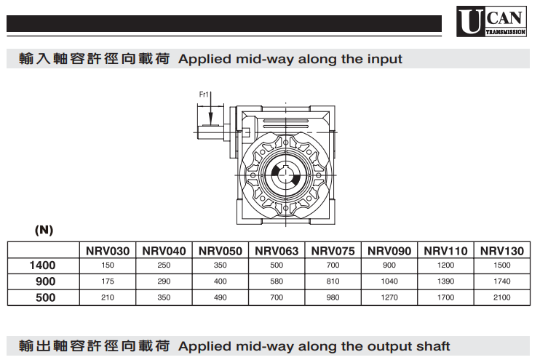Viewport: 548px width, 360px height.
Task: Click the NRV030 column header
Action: [108, 251]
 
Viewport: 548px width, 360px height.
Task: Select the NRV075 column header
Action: [333, 251]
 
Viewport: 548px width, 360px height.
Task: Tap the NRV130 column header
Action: [502, 251]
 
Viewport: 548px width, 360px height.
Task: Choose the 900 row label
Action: [45, 281]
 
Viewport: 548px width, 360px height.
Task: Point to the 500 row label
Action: [45, 297]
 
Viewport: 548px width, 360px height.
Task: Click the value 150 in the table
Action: [108, 266]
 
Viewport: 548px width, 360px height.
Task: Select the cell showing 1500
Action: [502, 266]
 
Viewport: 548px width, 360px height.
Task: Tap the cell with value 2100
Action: [502, 297]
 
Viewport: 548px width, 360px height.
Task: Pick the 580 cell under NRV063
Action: [277, 281]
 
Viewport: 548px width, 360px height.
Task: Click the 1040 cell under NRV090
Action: [389, 281]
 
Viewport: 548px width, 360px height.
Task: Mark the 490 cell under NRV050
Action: [221, 297]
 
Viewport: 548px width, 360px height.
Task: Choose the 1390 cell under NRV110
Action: [446, 281]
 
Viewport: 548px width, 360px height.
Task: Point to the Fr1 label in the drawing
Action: [204, 94]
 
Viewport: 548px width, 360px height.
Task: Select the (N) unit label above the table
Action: [44, 230]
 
